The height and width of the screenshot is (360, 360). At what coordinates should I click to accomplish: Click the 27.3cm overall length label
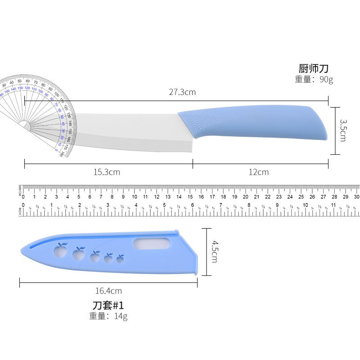182,92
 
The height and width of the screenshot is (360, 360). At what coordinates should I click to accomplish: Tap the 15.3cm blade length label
107,172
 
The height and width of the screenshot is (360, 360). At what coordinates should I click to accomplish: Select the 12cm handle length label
259,172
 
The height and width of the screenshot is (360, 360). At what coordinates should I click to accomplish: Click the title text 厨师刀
314,69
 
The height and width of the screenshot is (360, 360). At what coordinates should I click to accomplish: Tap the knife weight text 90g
325,80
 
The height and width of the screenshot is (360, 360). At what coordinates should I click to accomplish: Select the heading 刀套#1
108,306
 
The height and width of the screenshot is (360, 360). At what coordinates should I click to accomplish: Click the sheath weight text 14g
121,316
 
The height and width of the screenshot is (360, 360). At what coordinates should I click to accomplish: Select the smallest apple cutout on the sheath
120,259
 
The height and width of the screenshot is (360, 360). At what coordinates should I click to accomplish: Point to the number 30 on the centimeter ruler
356,197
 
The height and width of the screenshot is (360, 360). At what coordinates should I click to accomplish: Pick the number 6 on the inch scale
193,205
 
